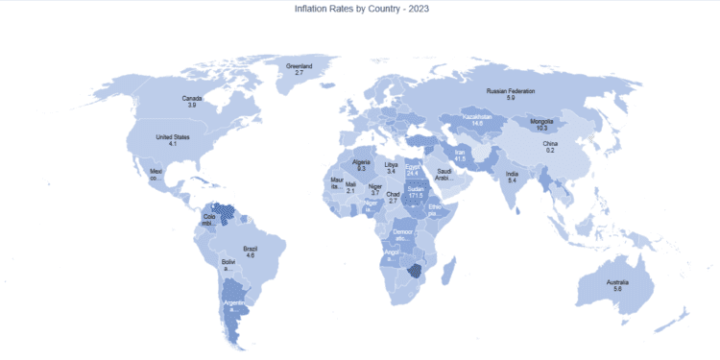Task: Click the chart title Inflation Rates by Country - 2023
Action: coord(359,9)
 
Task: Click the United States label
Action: coord(172,136)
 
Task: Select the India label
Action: coord(513,174)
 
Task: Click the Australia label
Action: coord(617,280)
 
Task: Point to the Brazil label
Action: coord(250,249)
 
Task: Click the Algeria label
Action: coord(361,162)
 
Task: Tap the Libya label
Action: coord(390,165)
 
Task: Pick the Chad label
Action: coord(393,194)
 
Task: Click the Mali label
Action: coord(350,184)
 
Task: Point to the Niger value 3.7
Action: coord(375,193)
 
